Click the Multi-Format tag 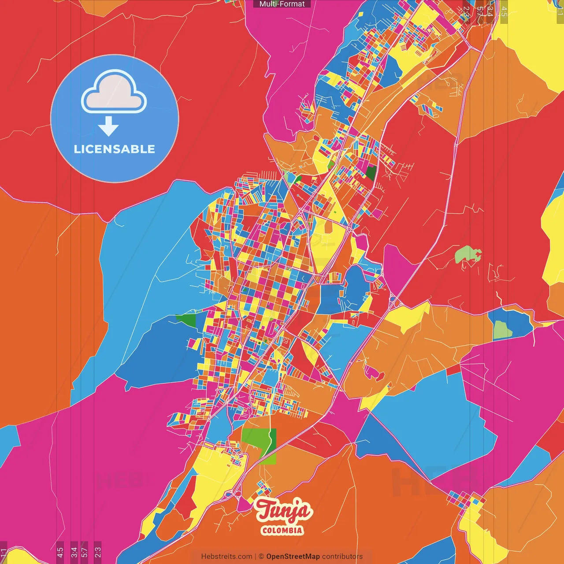click(282, 4)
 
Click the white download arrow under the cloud click(108, 126)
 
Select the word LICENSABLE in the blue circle click(115, 149)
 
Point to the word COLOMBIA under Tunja click(282, 530)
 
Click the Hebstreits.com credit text click(226, 557)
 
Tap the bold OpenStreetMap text click(293, 557)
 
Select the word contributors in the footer click(342, 557)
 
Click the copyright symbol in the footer click(261, 557)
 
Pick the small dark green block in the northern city click(371, 173)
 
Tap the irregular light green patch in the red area click(467, 255)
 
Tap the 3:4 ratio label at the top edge click(490, 11)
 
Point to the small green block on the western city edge click(186, 320)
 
